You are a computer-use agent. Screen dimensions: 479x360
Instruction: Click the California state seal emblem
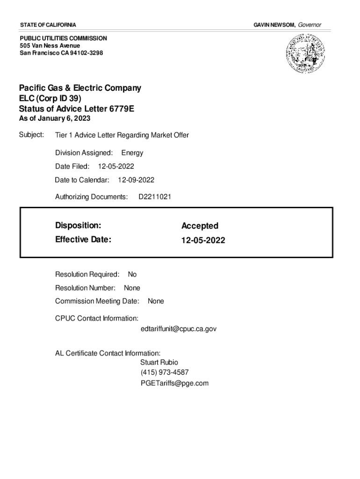(305, 54)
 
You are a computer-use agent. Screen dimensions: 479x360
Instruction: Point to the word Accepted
(200, 226)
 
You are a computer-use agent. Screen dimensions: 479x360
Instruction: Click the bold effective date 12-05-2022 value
(203, 240)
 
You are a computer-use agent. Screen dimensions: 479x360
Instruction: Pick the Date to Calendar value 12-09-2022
(136, 180)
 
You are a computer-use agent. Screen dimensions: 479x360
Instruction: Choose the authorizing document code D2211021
(155, 197)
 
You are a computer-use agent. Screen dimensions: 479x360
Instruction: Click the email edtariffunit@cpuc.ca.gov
(178, 329)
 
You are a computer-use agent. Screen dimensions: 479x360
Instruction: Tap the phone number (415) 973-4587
(164, 372)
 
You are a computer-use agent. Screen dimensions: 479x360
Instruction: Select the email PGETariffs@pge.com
(174, 383)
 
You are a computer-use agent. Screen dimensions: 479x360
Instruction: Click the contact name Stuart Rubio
(159, 362)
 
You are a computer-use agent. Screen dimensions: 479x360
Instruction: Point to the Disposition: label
(78, 225)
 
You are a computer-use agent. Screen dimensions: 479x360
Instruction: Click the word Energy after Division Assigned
(132, 153)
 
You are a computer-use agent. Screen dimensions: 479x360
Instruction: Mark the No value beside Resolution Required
(132, 275)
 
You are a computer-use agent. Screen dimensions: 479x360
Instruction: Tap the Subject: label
(31, 135)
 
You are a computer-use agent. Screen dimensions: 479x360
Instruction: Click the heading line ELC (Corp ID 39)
(50, 99)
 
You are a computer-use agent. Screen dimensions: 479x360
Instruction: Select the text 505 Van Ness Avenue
(50, 46)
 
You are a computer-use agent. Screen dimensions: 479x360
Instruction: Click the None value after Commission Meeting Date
(156, 301)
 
